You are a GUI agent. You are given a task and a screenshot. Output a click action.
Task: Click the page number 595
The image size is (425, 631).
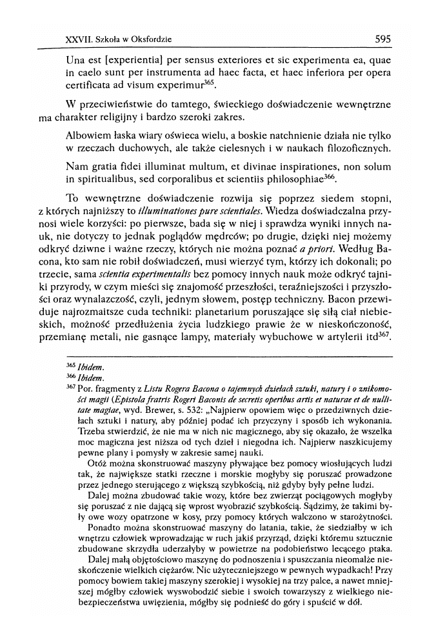[382, 39]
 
